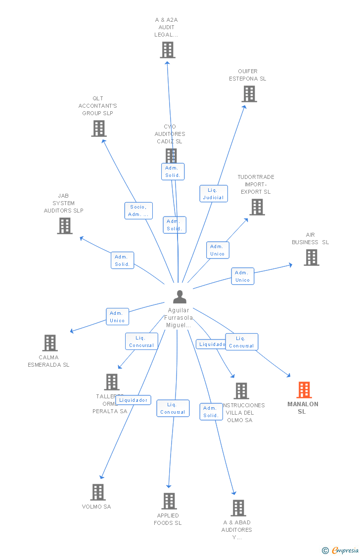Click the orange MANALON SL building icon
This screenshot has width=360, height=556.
coord(304,390)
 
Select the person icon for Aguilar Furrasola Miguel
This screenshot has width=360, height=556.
coord(180,297)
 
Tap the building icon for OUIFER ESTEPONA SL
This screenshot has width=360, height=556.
coord(249,94)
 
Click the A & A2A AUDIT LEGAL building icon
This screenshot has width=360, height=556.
coord(168,50)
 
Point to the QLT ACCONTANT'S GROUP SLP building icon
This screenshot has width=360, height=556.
coord(99,128)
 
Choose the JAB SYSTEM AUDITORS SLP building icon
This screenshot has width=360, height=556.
coord(65,226)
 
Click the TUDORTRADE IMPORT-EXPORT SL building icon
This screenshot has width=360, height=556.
coord(257,207)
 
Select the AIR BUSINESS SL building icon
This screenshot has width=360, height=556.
coord(311,257)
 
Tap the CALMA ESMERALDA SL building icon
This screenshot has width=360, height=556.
coord(50,343)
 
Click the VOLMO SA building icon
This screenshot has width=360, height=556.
coord(98,492)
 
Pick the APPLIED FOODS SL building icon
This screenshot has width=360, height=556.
coord(169,501)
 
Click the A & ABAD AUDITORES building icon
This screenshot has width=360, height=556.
coord(238,508)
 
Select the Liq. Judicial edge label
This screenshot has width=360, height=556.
coord(213,193)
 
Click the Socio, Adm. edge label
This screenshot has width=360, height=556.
coord(138,211)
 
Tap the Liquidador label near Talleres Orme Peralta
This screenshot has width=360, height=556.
coord(133,400)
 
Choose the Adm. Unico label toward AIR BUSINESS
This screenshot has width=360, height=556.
coord(242,276)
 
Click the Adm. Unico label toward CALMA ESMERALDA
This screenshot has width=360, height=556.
coord(117,317)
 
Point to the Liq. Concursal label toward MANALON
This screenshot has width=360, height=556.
coord(241,342)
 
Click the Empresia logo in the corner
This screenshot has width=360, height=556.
coord(340,550)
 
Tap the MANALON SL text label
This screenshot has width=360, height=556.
coord(303,408)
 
